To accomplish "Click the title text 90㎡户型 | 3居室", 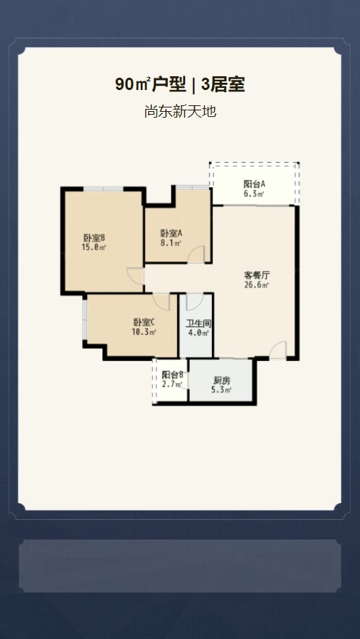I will (x=180, y=85).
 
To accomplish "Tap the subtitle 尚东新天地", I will (x=180, y=112).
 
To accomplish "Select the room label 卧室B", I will (x=94, y=237).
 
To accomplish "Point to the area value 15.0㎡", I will (x=94, y=248).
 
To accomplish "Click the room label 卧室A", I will (x=171, y=233).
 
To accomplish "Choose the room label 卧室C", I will (x=144, y=322).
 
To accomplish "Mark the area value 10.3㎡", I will (x=144, y=333).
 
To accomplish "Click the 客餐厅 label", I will (x=257, y=275).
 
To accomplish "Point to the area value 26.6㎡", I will (x=257, y=285).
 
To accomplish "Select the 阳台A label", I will (x=254, y=184).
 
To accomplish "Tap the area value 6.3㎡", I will (x=254, y=194).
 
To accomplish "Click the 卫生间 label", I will (x=198, y=323).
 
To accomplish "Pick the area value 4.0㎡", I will (x=198, y=333).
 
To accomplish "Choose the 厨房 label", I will (x=221, y=380).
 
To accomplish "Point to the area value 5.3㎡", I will (x=221, y=390).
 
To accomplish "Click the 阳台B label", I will (x=172, y=375).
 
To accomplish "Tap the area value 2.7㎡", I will (x=172, y=385).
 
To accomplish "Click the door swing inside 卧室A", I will (x=197, y=254).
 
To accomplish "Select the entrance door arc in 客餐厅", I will (x=278, y=350).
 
